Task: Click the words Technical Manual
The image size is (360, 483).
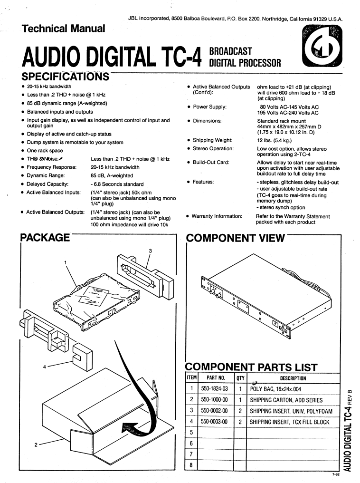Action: (x=64, y=29)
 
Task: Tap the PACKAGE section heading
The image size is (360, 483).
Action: (x=46, y=238)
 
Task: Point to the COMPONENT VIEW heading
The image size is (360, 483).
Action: (x=236, y=238)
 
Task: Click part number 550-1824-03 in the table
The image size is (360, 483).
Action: (x=215, y=388)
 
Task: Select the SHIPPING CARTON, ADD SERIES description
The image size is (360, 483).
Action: (x=286, y=400)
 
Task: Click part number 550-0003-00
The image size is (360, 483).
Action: (x=215, y=422)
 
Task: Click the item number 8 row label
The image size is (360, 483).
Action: (x=190, y=465)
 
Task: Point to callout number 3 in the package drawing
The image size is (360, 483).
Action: (x=150, y=251)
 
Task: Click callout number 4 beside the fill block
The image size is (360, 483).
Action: (x=45, y=367)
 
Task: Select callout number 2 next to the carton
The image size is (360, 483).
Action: (x=36, y=445)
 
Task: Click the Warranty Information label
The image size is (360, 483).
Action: (x=217, y=216)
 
